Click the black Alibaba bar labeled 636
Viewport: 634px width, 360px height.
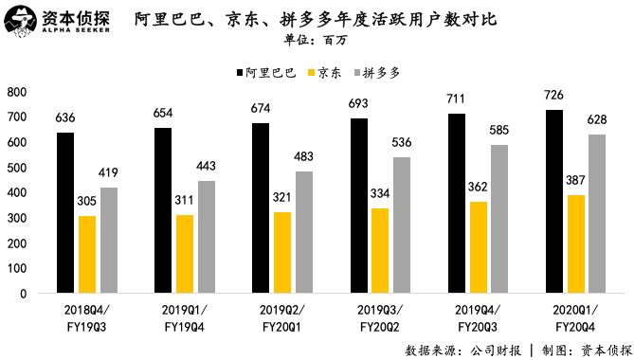tap(65, 212)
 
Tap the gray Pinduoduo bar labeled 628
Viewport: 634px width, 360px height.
tap(598, 213)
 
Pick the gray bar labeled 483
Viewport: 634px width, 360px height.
tap(304, 232)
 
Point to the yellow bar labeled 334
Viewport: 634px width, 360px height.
tap(380, 250)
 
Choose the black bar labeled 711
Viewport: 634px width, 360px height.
tap(457, 203)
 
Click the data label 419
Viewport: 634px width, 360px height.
tap(109, 173)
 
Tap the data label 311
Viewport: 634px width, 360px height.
tap(185, 201)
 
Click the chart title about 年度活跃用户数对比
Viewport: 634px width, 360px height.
tap(316, 20)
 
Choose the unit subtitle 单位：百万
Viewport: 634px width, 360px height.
tap(316, 41)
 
